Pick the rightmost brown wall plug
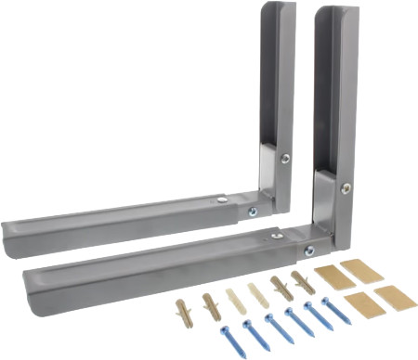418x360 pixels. coord(303,281)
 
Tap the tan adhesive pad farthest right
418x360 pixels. coord(394,298)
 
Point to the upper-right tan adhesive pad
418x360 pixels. coord(361,271)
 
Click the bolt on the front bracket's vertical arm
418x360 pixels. coord(346,188)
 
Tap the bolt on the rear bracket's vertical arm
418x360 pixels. coord(285,159)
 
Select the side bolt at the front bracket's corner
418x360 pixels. coord(309,251)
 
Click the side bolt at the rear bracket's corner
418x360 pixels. coord(252,212)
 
